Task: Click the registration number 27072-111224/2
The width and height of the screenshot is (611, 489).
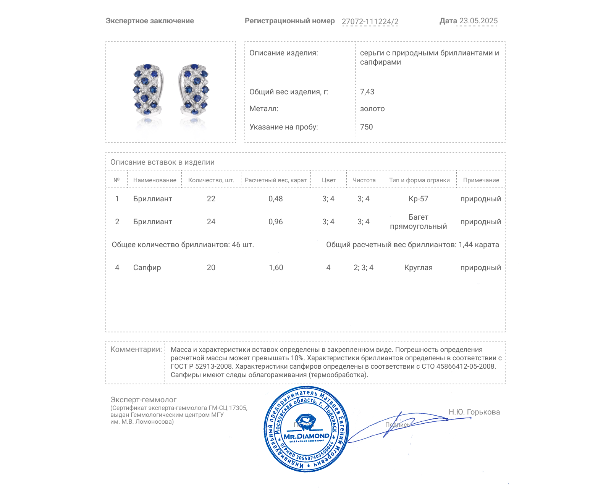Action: point(370,21)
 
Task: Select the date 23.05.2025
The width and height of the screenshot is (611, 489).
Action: point(478,21)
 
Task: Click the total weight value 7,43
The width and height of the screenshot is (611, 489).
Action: point(367,92)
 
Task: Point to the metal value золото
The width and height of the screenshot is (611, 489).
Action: point(372,108)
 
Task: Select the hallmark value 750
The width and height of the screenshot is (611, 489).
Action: point(366,127)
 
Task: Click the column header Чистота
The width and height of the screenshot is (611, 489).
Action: point(364,180)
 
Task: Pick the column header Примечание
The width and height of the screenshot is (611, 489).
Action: point(481,180)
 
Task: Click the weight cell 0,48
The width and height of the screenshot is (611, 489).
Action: point(275,199)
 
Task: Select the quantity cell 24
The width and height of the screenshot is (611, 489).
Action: point(211,222)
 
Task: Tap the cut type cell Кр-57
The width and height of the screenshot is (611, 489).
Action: point(418,199)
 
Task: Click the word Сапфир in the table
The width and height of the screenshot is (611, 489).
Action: point(147,267)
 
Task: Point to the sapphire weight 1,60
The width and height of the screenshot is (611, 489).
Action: point(276,267)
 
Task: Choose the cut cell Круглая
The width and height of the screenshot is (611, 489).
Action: point(418,267)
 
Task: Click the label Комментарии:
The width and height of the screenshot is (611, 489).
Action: point(136,349)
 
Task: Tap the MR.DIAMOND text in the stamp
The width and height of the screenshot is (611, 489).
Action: point(306,436)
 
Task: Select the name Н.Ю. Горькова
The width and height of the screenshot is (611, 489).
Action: point(474,412)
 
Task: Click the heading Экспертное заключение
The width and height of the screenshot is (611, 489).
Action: point(150,21)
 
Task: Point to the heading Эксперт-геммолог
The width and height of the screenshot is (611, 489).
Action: point(143,400)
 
